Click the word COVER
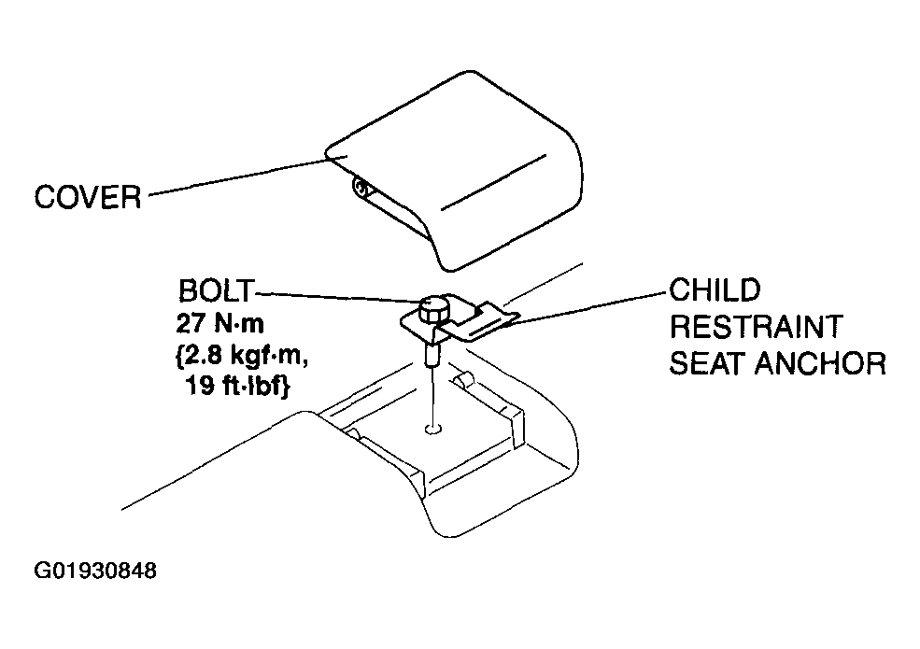(88, 197)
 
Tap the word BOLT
(217, 290)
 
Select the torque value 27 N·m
(220, 323)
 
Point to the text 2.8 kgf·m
(242, 356)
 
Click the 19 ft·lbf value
(237, 386)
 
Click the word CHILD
(715, 289)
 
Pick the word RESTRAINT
(757, 327)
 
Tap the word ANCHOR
(820, 363)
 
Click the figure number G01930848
(95, 571)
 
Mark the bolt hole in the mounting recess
(433, 430)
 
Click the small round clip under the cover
(361, 189)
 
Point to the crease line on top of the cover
(494, 182)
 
